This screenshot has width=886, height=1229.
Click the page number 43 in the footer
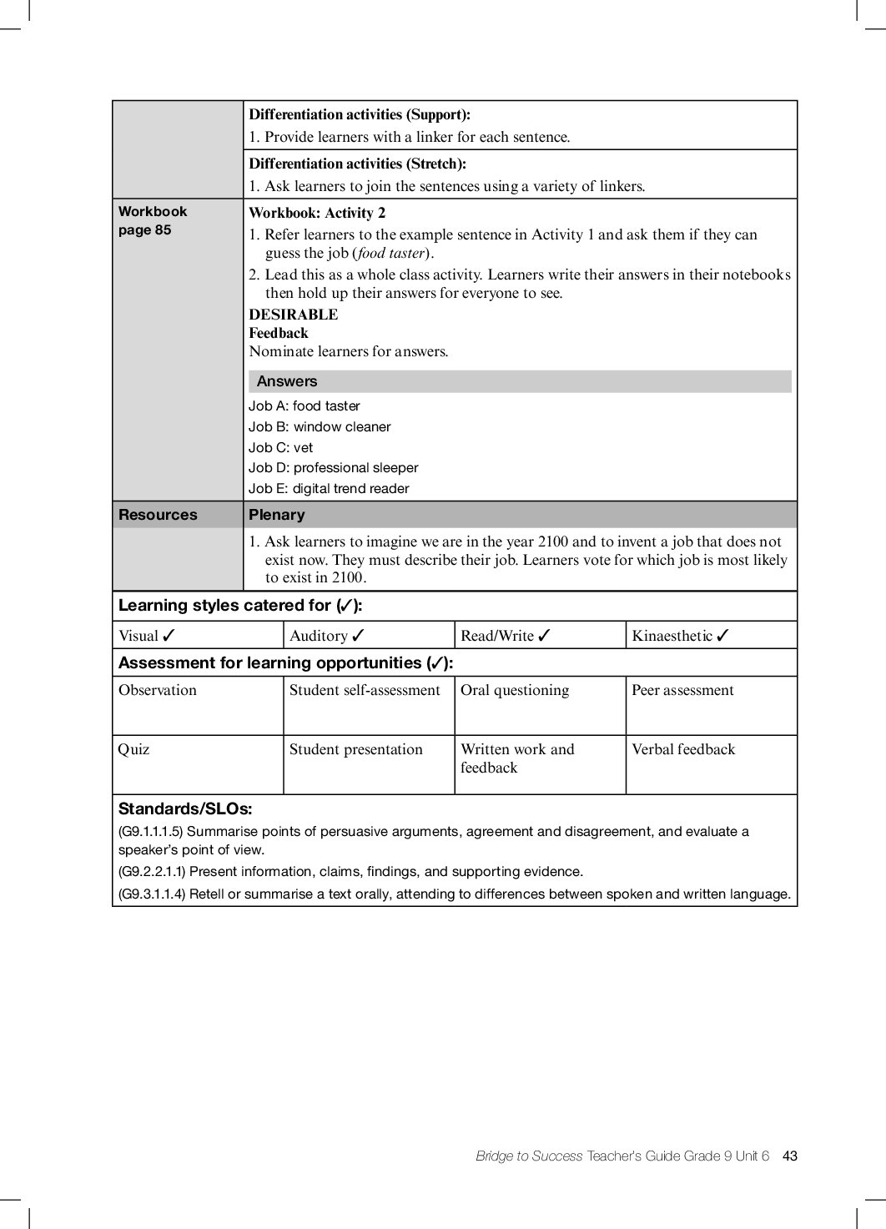(790, 1156)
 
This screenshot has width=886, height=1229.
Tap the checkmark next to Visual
(169, 636)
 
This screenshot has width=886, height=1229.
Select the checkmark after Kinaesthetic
(722, 636)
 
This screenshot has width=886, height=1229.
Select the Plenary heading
(277, 515)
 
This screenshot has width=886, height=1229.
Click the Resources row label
(159, 515)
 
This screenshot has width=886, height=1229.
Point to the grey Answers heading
(287, 381)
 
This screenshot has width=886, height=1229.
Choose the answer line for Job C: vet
(281, 447)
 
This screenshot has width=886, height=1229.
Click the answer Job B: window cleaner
(320, 426)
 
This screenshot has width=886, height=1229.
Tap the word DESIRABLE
(294, 315)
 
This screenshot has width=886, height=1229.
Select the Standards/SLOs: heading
(185, 808)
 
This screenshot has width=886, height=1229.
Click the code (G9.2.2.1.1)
(153, 871)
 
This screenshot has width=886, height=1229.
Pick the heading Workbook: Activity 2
(317, 213)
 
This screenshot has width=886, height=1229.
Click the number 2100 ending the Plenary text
(346, 577)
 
